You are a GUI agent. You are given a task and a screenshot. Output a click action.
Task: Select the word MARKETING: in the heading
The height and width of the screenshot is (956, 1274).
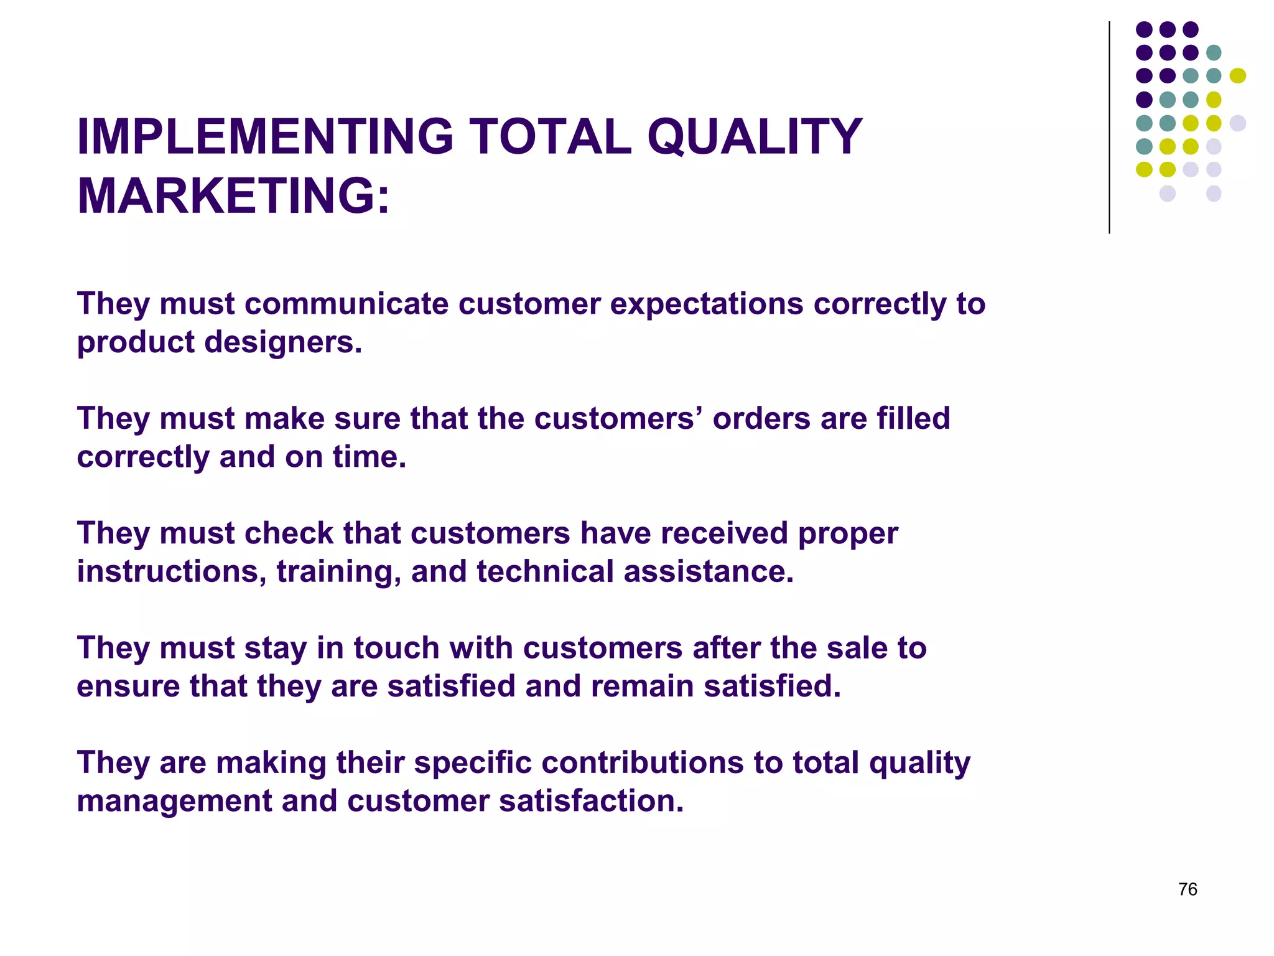click(x=233, y=196)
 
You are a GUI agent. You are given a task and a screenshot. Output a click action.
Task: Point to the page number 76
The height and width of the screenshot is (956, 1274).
click(x=1188, y=889)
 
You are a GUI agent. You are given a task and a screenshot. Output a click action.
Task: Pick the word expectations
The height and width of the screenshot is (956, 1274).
click(x=707, y=304)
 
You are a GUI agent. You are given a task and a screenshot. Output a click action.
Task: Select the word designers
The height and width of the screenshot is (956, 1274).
click(x=283, y=342)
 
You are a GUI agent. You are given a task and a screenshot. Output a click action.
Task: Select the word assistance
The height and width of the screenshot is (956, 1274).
click(x=709, y=572)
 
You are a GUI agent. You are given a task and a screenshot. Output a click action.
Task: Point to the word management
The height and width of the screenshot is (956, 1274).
click(x=174, y=802)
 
